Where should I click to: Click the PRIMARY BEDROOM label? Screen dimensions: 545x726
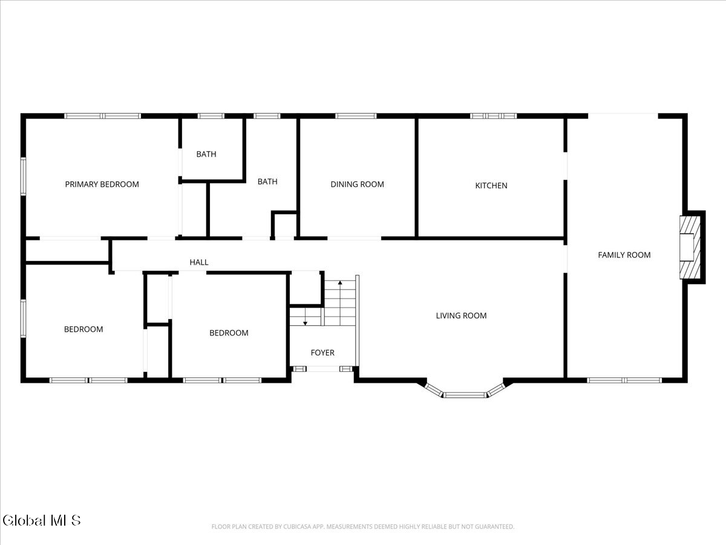[102, 184]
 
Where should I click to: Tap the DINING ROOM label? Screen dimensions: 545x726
[357, 184]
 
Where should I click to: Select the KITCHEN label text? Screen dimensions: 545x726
[491, 185]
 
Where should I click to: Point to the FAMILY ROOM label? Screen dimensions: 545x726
[624, 255]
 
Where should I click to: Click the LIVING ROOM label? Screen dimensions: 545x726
[461, 315]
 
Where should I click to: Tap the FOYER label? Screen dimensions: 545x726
[322, 352]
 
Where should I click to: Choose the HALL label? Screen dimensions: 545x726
[199, 262]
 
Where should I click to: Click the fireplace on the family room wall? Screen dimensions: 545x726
[690, 246]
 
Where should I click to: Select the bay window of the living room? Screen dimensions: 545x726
[465, 394]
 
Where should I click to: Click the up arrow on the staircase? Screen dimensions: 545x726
[341, 283]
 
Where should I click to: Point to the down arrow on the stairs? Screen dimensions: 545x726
[305, 321]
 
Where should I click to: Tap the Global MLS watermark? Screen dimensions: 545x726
[41, 520]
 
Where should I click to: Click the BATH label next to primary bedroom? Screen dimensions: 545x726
[206, 154]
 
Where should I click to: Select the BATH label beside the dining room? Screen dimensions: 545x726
[267, 181]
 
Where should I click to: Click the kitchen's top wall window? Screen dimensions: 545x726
[494, 115]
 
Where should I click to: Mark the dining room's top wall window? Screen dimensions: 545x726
[356, 115]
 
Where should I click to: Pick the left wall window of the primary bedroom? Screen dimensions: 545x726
[23, 176]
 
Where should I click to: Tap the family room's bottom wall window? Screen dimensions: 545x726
[624, 380]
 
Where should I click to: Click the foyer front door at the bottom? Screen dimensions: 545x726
[322, 368]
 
